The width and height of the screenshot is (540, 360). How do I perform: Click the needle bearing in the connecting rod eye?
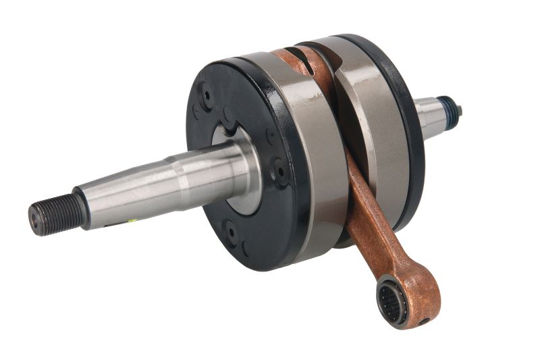point(391,301)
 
